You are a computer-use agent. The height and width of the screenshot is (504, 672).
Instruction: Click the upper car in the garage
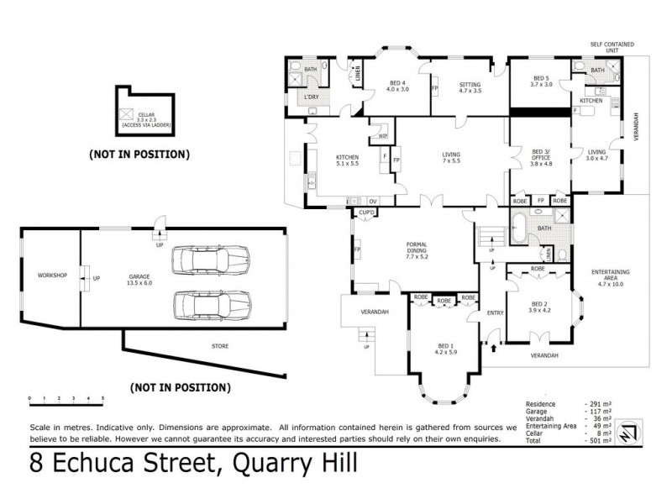[x=211, y=260]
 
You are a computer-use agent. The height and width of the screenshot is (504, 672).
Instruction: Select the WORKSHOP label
[x=52, y=276]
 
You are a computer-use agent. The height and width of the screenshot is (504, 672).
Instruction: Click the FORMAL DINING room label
[x=417, y=249]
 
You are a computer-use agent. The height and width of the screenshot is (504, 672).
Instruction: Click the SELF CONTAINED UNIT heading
[x=612, y=47]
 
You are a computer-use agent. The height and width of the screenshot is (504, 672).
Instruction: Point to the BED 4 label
[x=397, y=85]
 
